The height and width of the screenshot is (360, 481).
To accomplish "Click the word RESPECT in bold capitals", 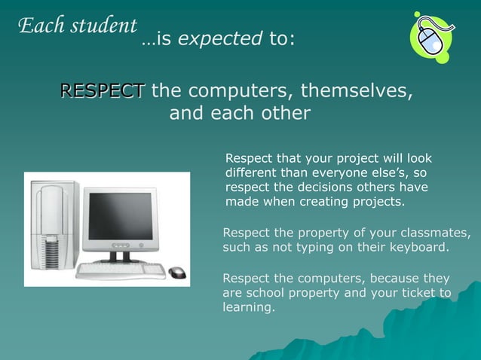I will [102, 92].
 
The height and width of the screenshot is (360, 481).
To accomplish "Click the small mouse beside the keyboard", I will [177, 272].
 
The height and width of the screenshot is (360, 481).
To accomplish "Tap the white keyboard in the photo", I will [121, 270].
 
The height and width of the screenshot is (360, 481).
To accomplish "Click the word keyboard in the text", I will [418, 247].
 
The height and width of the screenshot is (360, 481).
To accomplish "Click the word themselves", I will [357, 92].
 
